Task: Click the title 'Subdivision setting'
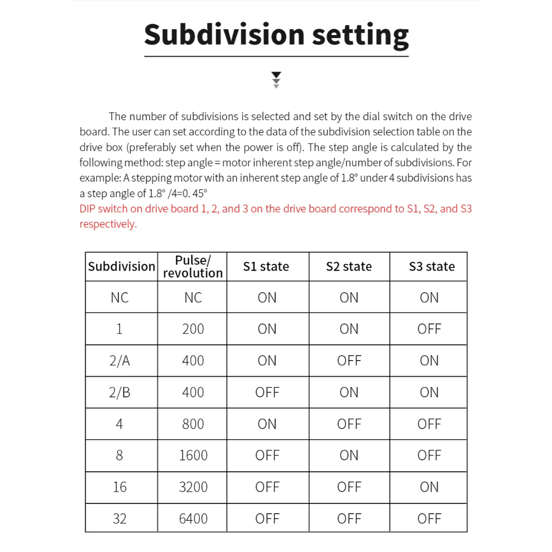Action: tap(276, 34)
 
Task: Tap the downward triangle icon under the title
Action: tap(277, 79)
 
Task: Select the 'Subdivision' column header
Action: tap(121, 266)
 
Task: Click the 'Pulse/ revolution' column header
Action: tap(192, 266)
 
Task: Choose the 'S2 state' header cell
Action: tap(349, 266)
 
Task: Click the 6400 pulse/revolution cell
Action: tap(193, 519)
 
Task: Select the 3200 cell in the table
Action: tap(193, 487)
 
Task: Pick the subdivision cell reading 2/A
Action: tap(120, 361)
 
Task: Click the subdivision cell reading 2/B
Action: tap(120, 392)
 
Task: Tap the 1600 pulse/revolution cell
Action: tap(193, 456)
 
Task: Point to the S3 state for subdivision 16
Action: tap(429, 487)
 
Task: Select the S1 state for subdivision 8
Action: tap(267, 456)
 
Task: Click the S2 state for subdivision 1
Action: tap(349, 329)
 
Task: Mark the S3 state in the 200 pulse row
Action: tap(429, 329)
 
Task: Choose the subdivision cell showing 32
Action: tap(120, 519)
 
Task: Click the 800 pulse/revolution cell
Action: tap(193, 424)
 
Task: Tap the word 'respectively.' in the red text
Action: tap(108, 224)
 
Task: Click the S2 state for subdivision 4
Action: tap(349, 424)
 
